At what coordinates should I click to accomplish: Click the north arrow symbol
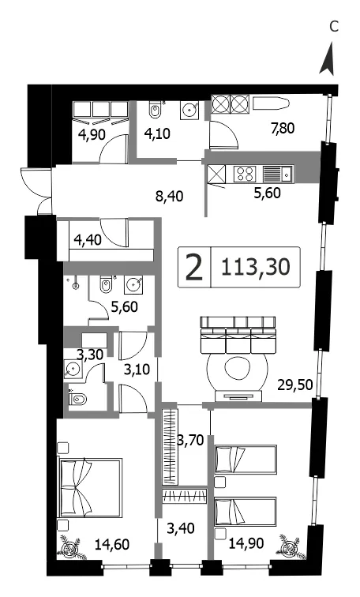point(328,59)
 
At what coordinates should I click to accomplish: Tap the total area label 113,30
point(255,267)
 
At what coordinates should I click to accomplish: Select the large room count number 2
point(194,267)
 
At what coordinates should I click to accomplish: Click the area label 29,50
point(295,385)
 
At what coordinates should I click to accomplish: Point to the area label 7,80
point(283,128)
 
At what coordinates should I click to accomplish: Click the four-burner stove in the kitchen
point(244,174)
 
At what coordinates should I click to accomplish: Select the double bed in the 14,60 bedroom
point(90,488)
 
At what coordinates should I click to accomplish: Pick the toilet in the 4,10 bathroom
point(155,110)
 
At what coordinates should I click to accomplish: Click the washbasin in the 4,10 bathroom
point(189,109)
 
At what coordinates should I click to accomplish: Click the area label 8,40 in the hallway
point(170,197)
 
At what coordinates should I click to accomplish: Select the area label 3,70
point(190,441)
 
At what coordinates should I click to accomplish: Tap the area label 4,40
point(88,241)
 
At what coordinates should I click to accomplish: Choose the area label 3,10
point(137,369)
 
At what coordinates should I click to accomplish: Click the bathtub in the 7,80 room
point(272,103)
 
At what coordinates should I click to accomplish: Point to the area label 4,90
point(92,134)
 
